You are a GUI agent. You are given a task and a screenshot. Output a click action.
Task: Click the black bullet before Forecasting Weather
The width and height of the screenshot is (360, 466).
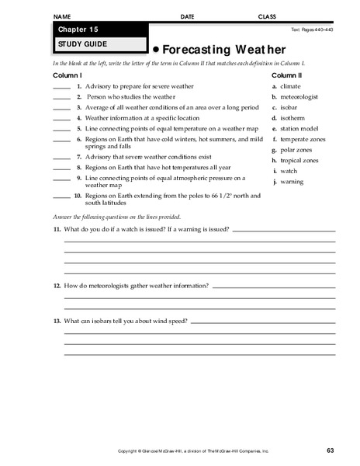click(155, 47)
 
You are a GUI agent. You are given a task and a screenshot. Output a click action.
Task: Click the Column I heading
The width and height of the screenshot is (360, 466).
click(67, 75)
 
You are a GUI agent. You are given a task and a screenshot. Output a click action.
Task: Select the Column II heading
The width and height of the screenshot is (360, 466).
click(287, 75)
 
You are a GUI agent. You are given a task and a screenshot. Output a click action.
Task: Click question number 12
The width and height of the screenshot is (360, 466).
click(57, 287)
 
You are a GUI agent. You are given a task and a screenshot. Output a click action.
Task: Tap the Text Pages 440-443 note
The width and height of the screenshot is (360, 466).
click(313, 30)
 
